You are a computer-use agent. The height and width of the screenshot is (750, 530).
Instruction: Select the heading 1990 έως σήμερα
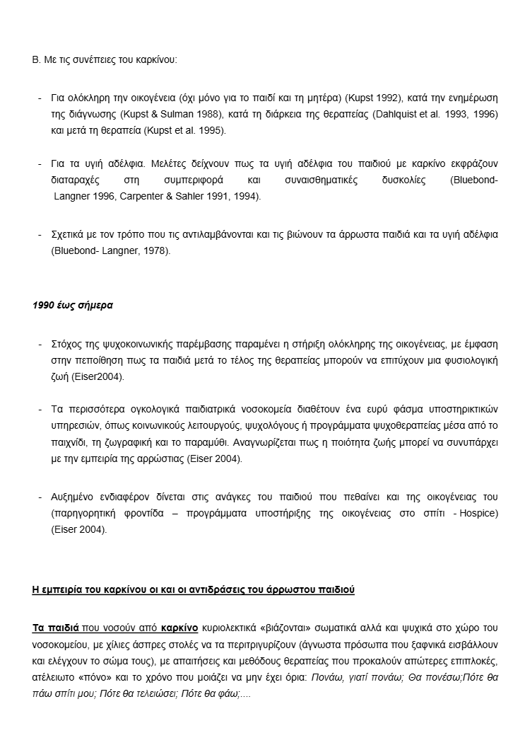[73, 306]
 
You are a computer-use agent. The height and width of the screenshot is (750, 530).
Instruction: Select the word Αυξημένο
[75, 496]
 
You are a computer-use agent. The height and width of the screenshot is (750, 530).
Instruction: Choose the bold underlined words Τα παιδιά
[57, 627]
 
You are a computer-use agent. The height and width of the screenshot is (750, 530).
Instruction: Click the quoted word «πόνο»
[100, 678]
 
